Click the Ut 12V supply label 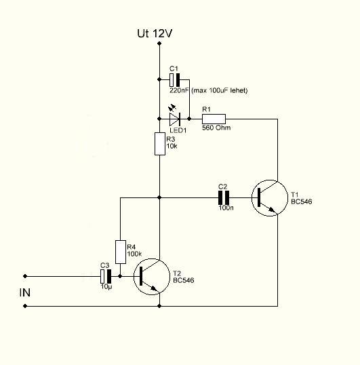[x=155, y=33]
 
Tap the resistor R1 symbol [x=214, y=119]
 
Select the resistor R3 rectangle [x=160, y=144]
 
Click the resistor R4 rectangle [x=121, y=252]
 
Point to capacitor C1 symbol [x=175, y=80]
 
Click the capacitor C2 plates [x=224, y=197]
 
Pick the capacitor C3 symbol [x=106, y=276]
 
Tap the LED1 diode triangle [x=175, y=119]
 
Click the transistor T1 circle [x=270, y=180]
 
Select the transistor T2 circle [x=152, y=259]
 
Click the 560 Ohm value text [x=216, y=128]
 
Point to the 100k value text [x=134, y=254]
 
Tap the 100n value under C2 [x=226, y=208]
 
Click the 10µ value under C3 [x=106, y=286]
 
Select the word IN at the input [x=25, y=292]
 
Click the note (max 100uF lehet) [x=219, y=90]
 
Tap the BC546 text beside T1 [x=302, y=201]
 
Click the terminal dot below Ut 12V [x=159, y=43]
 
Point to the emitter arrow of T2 [x=154, y=288]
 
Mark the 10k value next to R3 [x=172, y=146]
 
